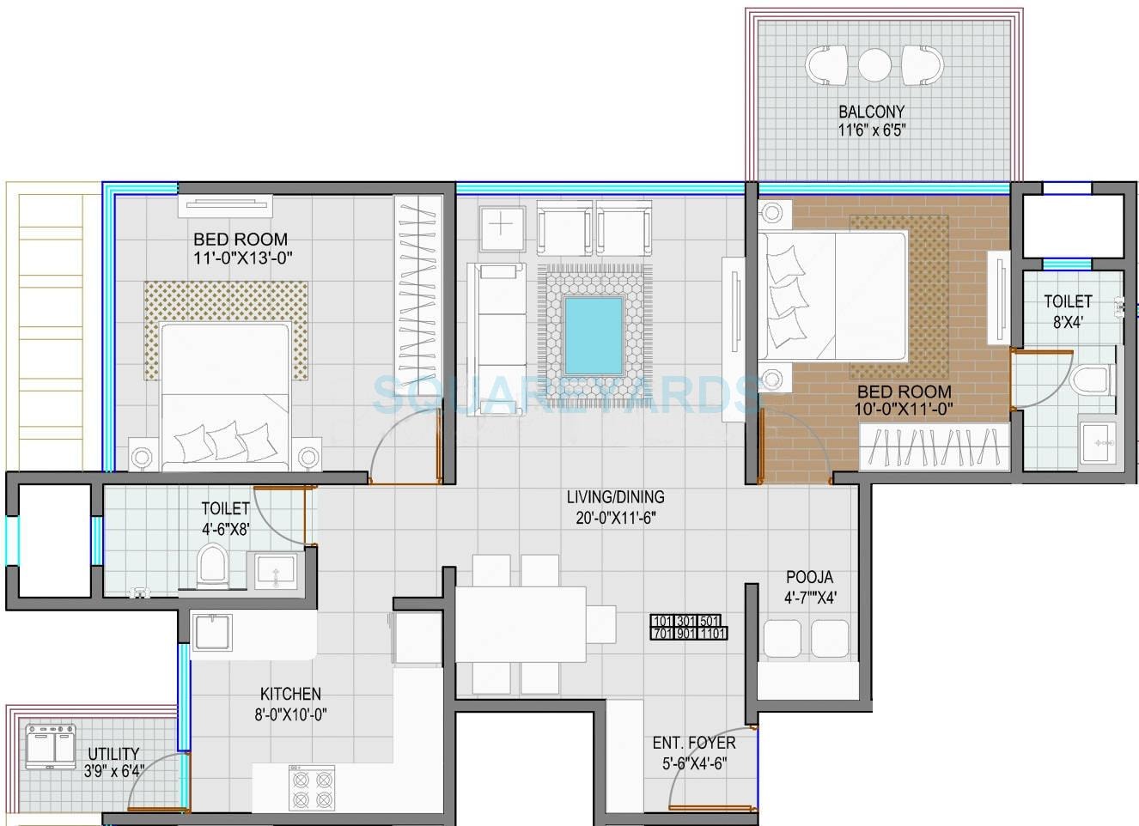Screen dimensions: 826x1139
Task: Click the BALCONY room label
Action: tap(872, 112)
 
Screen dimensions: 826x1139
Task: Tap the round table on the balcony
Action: tap(874, 64)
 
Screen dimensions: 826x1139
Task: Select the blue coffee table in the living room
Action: tap(594, 334)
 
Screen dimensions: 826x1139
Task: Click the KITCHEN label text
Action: tap(291, 694)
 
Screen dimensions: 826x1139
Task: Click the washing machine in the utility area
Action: tap(52, 746)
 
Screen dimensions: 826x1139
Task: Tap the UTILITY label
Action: tap(113, 754)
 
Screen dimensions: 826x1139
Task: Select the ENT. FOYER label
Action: tap(694, 743)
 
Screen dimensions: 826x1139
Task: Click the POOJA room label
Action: tap(809, 577)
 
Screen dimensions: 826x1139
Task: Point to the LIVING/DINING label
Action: tap(615, 496)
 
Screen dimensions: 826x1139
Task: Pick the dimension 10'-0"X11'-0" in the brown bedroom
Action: tap(904, 410)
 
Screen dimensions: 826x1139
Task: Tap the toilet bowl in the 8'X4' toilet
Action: tap(1092, 379)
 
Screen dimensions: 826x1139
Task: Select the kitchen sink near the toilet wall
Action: tap(211, 633)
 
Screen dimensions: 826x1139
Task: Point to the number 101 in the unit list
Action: tap(662, 622)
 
